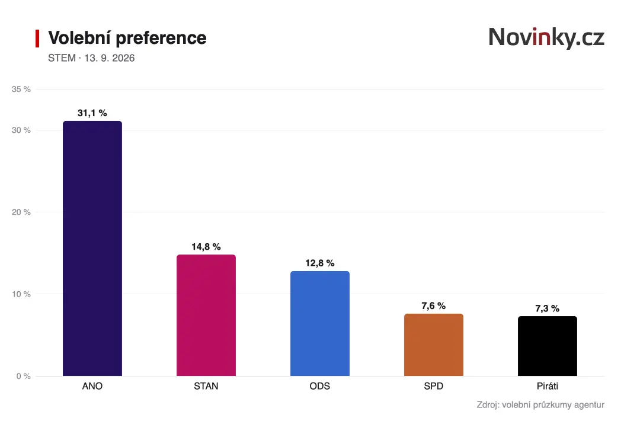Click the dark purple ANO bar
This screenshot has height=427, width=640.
[92, 248]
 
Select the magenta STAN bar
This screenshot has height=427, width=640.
[206, 315]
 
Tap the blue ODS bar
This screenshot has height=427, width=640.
[320, 323]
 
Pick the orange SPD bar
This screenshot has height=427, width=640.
[433, 345]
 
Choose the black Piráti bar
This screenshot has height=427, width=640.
[548, 346]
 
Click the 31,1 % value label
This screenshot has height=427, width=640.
[92, 113]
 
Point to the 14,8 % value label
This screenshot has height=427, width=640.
[206, 247]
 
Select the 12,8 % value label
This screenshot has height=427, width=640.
[320, 263]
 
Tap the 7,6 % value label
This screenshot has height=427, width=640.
[433, 306]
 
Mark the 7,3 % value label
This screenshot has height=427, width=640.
[548, 308]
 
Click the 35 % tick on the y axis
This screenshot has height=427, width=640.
[21, 89]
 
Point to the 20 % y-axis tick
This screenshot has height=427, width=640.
[21, 212]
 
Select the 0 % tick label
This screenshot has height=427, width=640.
[24, 377]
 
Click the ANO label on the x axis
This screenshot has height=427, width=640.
[92, 386]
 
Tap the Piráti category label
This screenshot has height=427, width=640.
[548, 386]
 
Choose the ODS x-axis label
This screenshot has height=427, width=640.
[320, 386]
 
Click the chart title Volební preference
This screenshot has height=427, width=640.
[127, 38]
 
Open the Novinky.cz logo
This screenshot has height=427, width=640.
[546, 37]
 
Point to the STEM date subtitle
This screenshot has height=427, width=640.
[91, 58]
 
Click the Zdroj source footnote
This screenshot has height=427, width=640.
[540, 405]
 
